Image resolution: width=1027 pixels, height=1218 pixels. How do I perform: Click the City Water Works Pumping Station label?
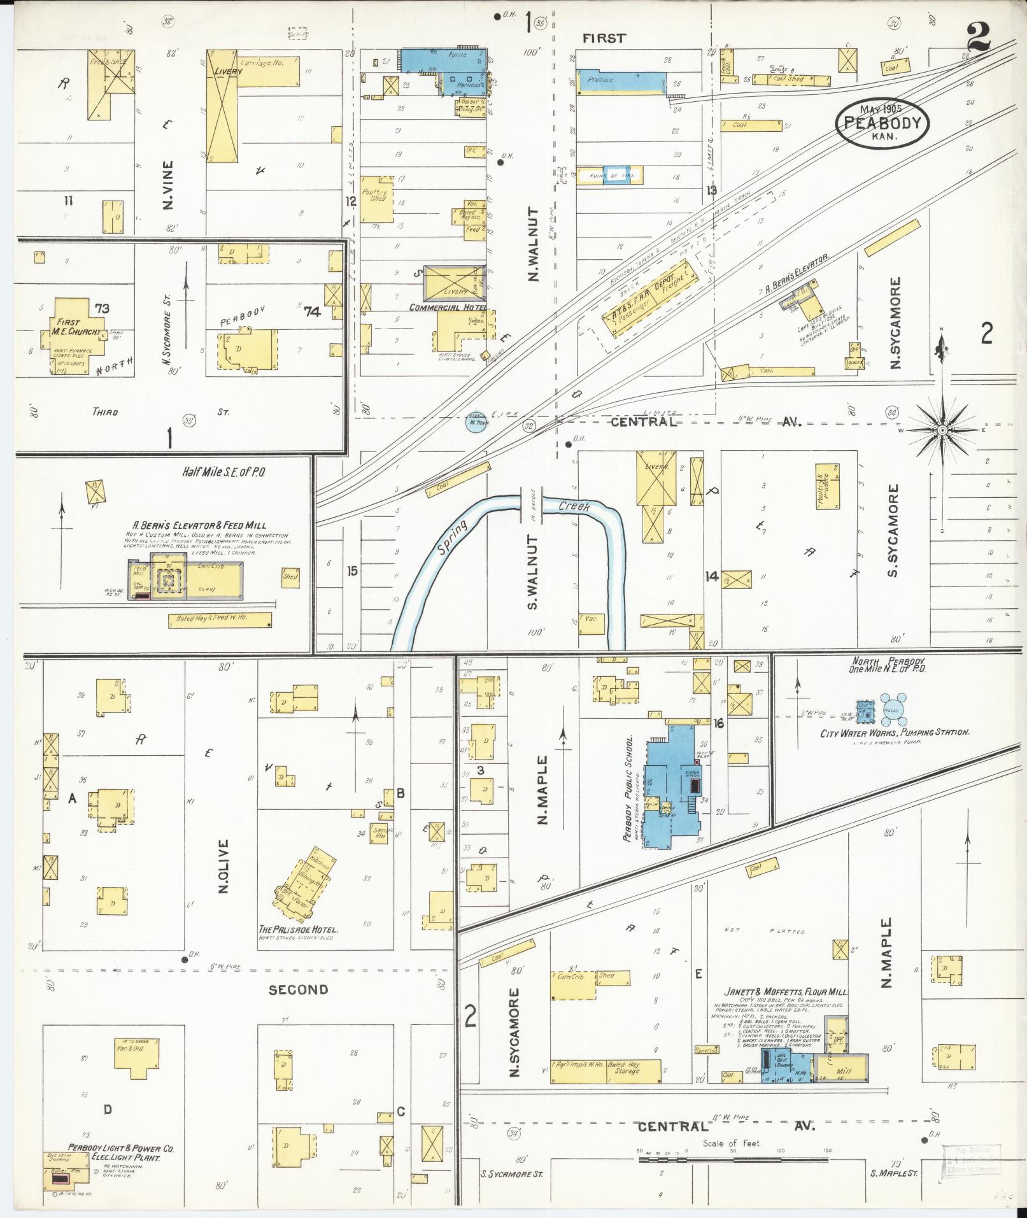pyautogui.click(x=895, y=733)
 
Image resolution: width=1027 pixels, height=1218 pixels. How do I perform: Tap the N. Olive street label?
pyautogui.click(x=223, y=866)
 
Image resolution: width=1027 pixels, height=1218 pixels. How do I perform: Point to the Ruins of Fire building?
pyautogui.click(x=609, y=176)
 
